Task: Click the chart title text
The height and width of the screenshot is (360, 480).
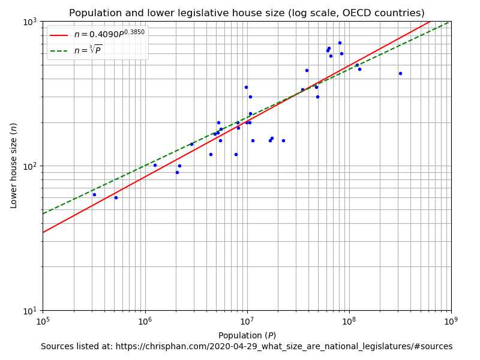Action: coord(247,13)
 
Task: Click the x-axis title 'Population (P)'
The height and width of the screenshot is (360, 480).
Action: coord(247,335)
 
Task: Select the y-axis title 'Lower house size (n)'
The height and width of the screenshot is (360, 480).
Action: coord(14,166)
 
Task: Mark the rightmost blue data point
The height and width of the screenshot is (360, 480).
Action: coord(400,73)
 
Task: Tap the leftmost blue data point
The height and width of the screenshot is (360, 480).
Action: coord(94,194)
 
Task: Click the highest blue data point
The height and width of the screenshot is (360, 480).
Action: coord(340,43)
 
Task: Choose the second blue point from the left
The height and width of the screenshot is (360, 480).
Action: coord(116,197)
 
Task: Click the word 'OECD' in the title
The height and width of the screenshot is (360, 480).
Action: coord(359,13)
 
